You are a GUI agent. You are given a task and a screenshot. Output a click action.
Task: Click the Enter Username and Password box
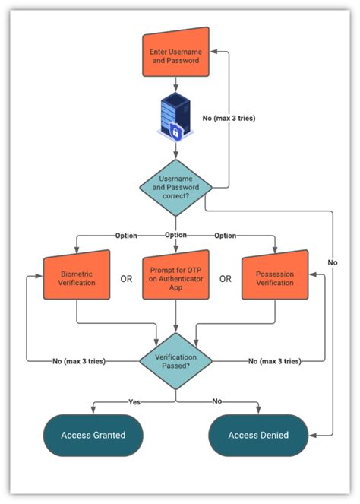coord(176,52)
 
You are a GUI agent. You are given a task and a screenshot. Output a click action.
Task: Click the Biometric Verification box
coord(76,277)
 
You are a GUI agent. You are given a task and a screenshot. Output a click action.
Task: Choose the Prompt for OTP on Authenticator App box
coord(175,277)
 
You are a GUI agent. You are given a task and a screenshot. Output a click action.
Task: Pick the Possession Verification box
coord(275,277)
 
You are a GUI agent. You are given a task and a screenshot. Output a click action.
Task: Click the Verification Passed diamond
coord(175,360)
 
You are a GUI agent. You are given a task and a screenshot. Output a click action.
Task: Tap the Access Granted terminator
coord(92,435)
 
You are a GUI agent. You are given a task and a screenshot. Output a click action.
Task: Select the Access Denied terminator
coord(258,435)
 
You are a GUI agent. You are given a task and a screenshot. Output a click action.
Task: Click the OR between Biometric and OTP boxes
coord(126,278)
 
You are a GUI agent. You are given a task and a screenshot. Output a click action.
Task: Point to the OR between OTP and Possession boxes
coord(226,278)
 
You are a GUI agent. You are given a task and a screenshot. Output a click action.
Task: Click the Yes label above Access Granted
coord(134,401)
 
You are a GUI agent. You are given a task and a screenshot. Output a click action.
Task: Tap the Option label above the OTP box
coord(176,235)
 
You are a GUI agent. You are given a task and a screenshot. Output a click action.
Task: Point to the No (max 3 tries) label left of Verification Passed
coord(84,360)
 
